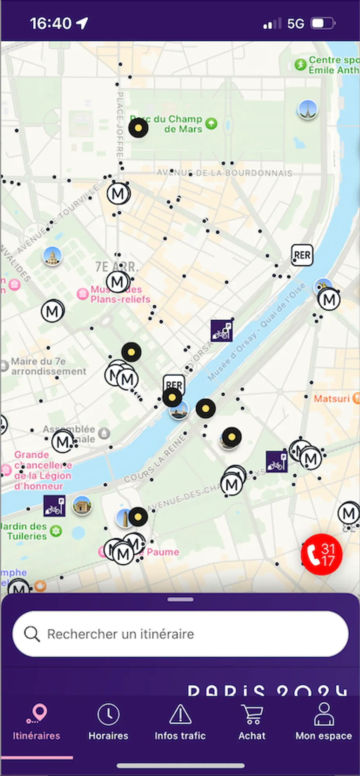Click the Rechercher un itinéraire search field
point(180,634)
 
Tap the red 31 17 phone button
point(321,554)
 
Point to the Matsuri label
point(332,398)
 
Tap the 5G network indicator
point(296,24)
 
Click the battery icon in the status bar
point(323,24)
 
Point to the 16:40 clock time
point(51,24)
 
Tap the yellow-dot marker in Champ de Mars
point(138,128)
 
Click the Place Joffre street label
point(120,124)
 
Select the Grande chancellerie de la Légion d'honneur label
point(43,470)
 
